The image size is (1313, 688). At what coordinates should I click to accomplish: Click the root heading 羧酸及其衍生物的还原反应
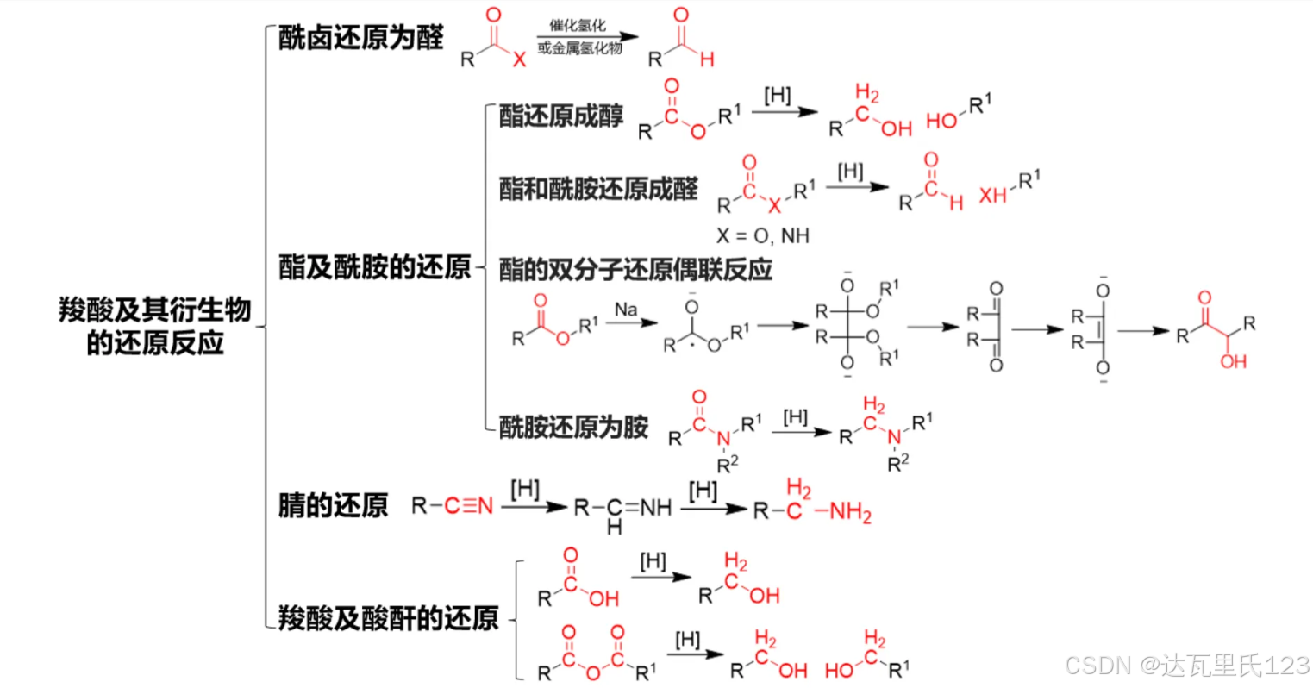155,326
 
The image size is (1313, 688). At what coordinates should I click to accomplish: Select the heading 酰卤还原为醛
360,38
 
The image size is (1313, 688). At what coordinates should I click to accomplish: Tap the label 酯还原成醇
561,117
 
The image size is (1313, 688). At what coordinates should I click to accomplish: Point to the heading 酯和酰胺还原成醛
598,189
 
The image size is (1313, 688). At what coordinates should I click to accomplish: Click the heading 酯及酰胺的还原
374,267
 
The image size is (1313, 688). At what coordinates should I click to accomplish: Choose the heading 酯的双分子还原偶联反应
635,270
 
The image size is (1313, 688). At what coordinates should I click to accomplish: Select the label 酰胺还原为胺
573,427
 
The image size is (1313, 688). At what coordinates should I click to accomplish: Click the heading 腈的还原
333,505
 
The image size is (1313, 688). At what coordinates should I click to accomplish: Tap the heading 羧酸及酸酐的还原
388,617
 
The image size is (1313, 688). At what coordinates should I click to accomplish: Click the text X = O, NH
762,236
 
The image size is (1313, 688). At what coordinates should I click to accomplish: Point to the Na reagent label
626,310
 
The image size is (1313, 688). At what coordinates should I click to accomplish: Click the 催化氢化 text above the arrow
578,26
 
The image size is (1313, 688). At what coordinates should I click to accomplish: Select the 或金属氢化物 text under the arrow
579,48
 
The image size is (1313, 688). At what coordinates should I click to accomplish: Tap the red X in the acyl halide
518,59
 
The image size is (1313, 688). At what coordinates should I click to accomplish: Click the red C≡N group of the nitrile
468,506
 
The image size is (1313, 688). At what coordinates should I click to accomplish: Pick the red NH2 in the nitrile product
850,513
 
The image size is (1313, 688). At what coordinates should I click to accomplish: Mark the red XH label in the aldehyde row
992,196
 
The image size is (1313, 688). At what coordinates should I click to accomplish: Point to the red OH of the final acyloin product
1233,361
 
